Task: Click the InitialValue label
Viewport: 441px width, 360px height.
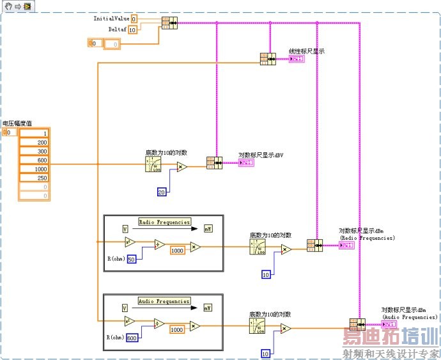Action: click(111, 19)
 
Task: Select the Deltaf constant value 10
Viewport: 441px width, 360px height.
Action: click(132, 29)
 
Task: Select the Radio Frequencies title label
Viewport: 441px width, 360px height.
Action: click(164, 222)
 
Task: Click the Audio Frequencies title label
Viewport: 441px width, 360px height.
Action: click(164, 301)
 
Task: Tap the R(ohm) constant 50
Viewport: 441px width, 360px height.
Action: click(132, 259)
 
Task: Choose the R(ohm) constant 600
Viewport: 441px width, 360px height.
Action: click(132, 338)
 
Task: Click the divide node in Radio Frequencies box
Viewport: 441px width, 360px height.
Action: click(160, 244)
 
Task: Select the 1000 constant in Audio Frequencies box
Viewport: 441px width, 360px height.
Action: click(177, 329)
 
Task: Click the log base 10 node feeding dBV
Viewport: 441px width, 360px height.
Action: click(153, 164)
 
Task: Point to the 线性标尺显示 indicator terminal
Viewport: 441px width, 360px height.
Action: click(297, 59)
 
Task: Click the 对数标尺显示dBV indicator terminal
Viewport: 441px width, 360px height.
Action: click(246, 163)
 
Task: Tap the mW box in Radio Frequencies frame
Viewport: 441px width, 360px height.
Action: click(208, 228)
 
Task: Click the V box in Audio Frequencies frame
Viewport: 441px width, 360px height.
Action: click(125, 308)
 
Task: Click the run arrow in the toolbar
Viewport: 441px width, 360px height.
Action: click(19, 5)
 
